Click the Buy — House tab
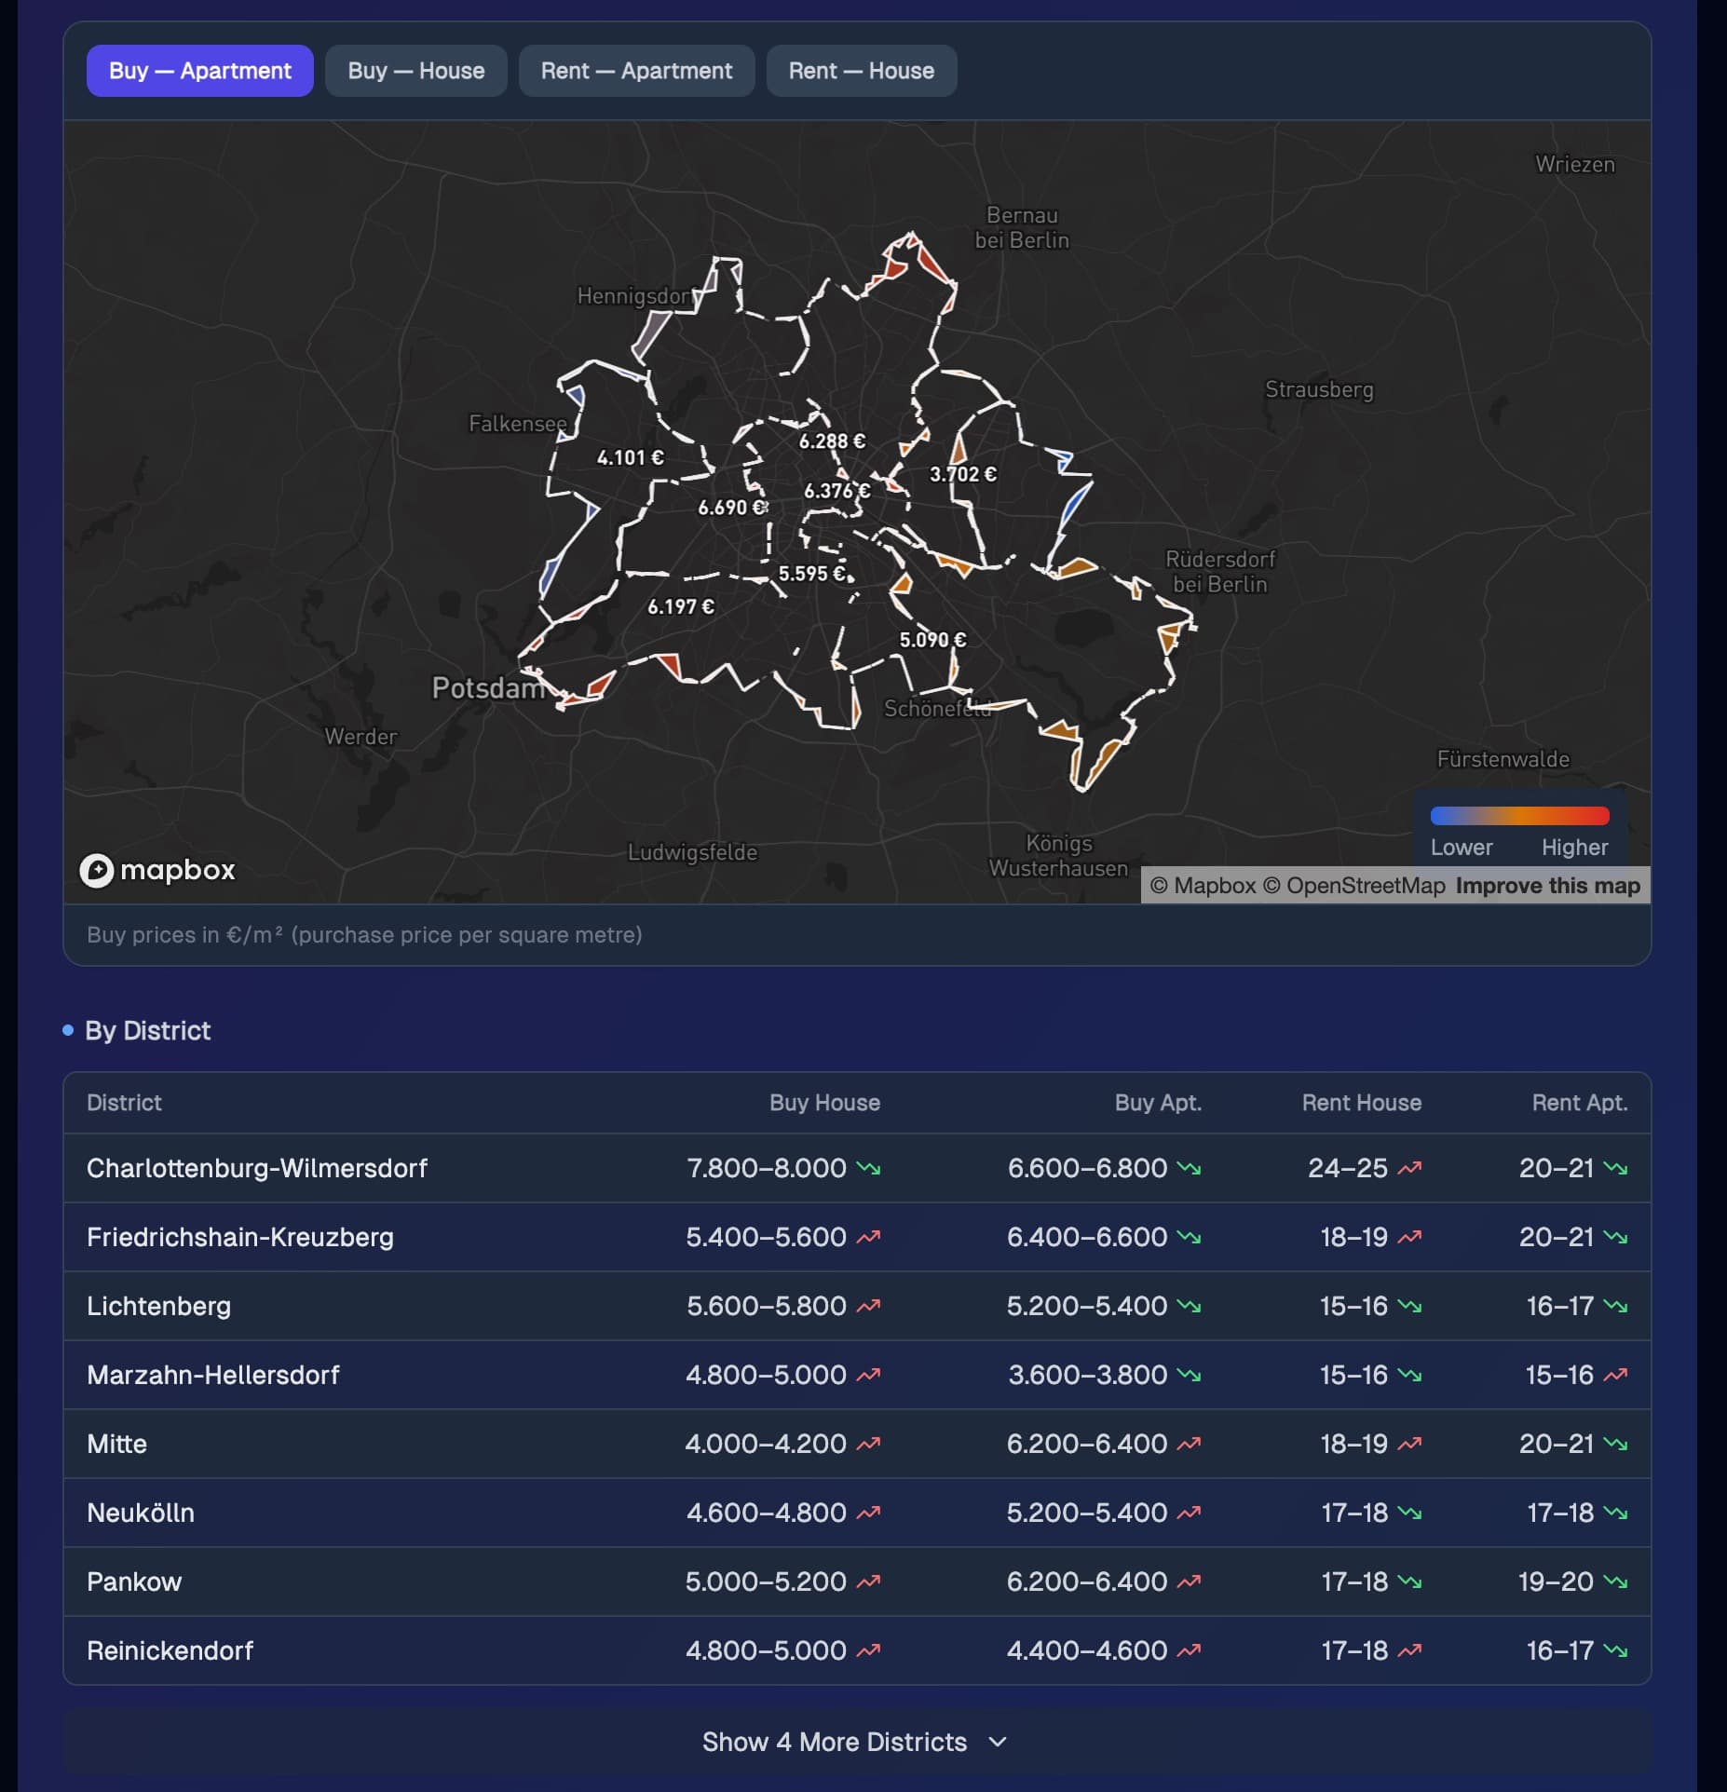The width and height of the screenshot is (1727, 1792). [x=416, y=71]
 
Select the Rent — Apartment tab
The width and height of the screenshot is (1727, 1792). [x=636, y=71]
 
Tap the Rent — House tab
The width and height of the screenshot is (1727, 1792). [x=862, y=71]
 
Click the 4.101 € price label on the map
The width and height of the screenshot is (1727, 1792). [x=631, y=457]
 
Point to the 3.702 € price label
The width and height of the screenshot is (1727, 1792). [x=963, y=474]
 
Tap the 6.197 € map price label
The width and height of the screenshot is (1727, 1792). [x=681, y=606]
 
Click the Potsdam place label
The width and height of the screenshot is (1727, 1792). [x=488, y=687]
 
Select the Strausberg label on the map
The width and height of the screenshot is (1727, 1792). [x=1319, y=389]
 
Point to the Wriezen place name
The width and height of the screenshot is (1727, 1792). [x=1575, y=164]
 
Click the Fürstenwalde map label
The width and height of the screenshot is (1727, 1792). [x=1503, y=759]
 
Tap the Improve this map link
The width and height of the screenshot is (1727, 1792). [x=1548, y=885]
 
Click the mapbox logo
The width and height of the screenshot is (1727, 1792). [x=157, y=870]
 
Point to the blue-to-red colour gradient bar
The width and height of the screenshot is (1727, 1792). [x=1519, y=816]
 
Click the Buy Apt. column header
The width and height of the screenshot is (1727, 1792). [x=1158, y=1103]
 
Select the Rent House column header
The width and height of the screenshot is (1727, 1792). [x=1362, y=1103]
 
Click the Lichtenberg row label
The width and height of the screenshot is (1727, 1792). [x=158, y=1306]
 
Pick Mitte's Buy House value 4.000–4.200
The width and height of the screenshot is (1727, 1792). [x=766, y=1444]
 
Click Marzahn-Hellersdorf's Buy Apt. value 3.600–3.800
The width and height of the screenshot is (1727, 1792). [x=1088, y=1375]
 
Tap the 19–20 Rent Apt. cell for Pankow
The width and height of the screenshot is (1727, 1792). [x=1556, y=1582]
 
